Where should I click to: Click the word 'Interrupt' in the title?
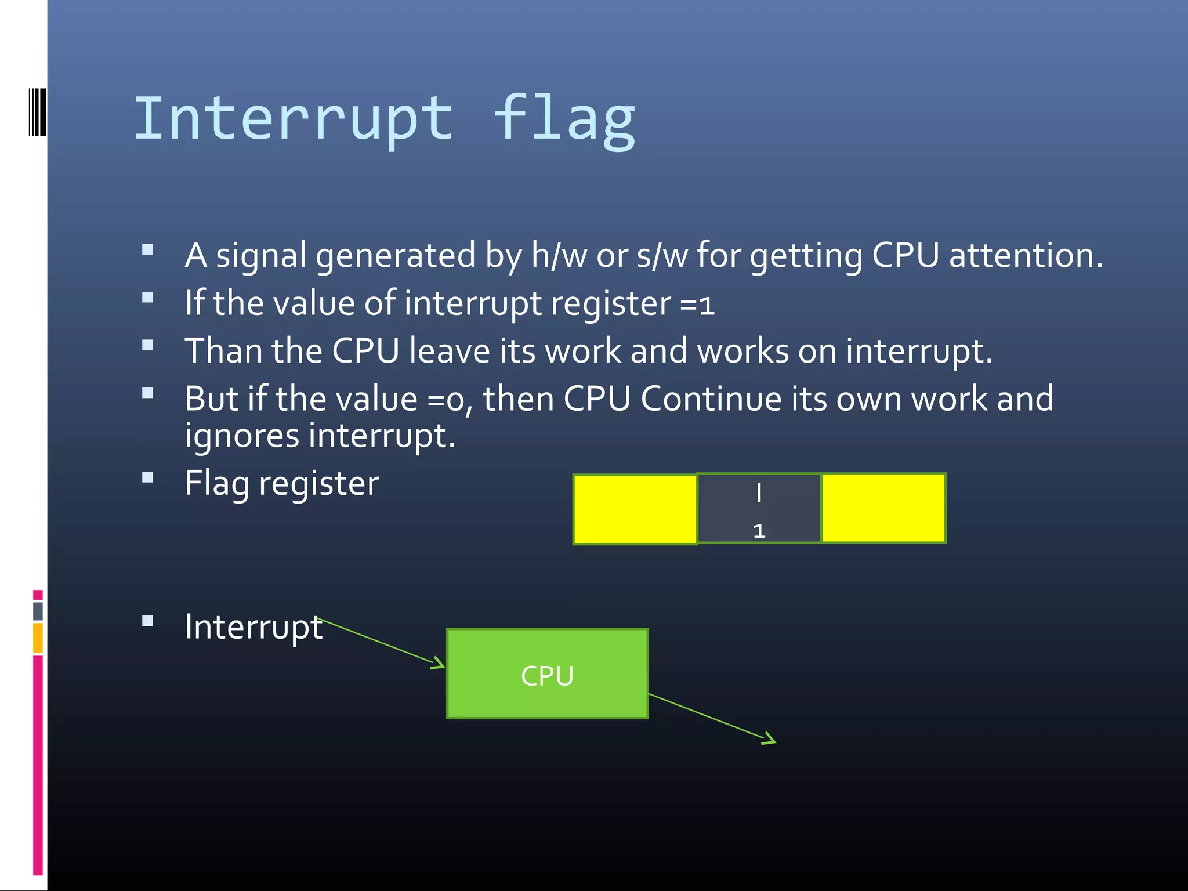pyautogui.click(x=294, y=119)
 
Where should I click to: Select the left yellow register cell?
pyautogui.click(x=635, y=509)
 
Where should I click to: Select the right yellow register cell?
pyautogui.click(x=883, y=508)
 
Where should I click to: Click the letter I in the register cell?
pyautogui.click(x=759, y=493)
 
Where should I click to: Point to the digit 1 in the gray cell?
pyautogui.click(x=759, y=531)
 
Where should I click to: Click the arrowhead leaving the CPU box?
pyautogui.click(x=769, y=739)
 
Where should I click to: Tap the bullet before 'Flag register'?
pyautogui.click(x=148, y=478)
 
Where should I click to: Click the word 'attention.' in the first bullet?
pyautogui.click(x=1026, y=255)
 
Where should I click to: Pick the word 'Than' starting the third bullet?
pyautogui.click(x=224, y=351)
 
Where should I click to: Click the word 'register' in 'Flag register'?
pyautogui.click(x=318, y=484)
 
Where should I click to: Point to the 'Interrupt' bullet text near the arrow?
pyautogui.click(x=253, y=627)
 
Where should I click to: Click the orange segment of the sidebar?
pyautogui.click(x=38, y=638)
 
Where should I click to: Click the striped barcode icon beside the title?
pyautogui.click(x=37, y=112)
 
